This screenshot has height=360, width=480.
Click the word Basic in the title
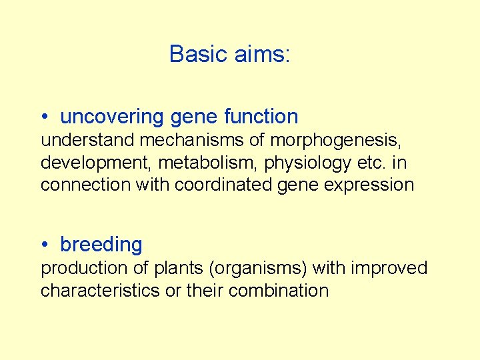pyautogui.click(x=199, y=53)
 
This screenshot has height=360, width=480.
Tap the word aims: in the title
pyautogui.click(x=262, y=53)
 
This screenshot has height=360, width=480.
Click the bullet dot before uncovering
pyautogui.click(x=44, y=117)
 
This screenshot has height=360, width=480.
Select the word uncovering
pyautogui.click(x=113, y=117)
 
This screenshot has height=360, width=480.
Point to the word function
pyautogui.click(x=261, y=117)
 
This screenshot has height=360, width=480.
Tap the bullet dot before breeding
pyautogui.click(x=44, y=245)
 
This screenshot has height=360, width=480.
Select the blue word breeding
pyautogui.click(x=101, y=245)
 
